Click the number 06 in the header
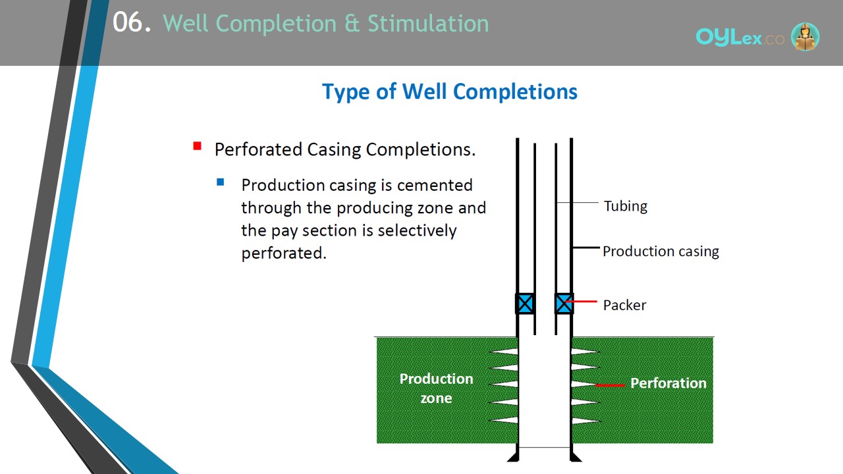pos(128,22)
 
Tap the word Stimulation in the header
pos(428,23)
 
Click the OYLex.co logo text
pos(740,38)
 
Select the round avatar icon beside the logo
pos(805,36)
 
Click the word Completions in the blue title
pos(515,92)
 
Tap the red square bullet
pos(197,146)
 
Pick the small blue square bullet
pos(221,182)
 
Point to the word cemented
pos(435,185)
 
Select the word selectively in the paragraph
pos(417,230)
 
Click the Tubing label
pos(626,206)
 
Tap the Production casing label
pos(661,251)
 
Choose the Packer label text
pos(624,305)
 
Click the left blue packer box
pos(525,303)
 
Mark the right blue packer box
pos(564,303)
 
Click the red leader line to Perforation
pos(610,385)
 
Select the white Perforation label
pos(668,383)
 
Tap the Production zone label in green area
pos(436,388)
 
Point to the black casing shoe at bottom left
pos(514,456)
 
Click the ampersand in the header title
pos(352,23)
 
